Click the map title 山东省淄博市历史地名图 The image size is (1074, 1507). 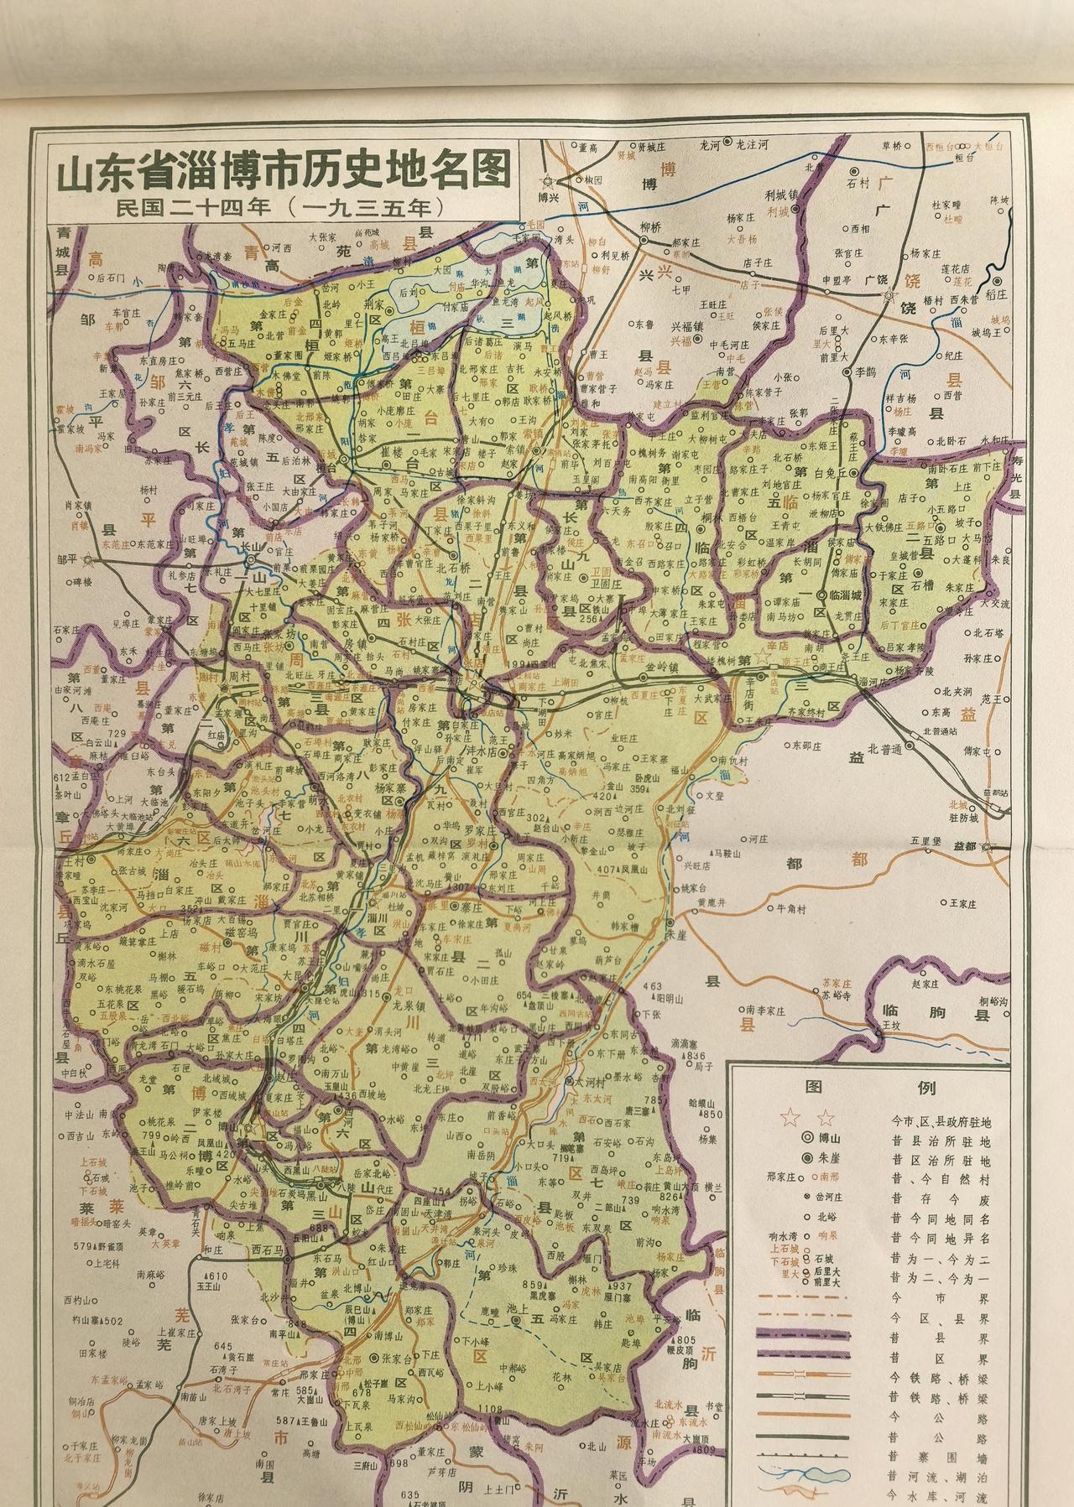click(284, 173)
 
